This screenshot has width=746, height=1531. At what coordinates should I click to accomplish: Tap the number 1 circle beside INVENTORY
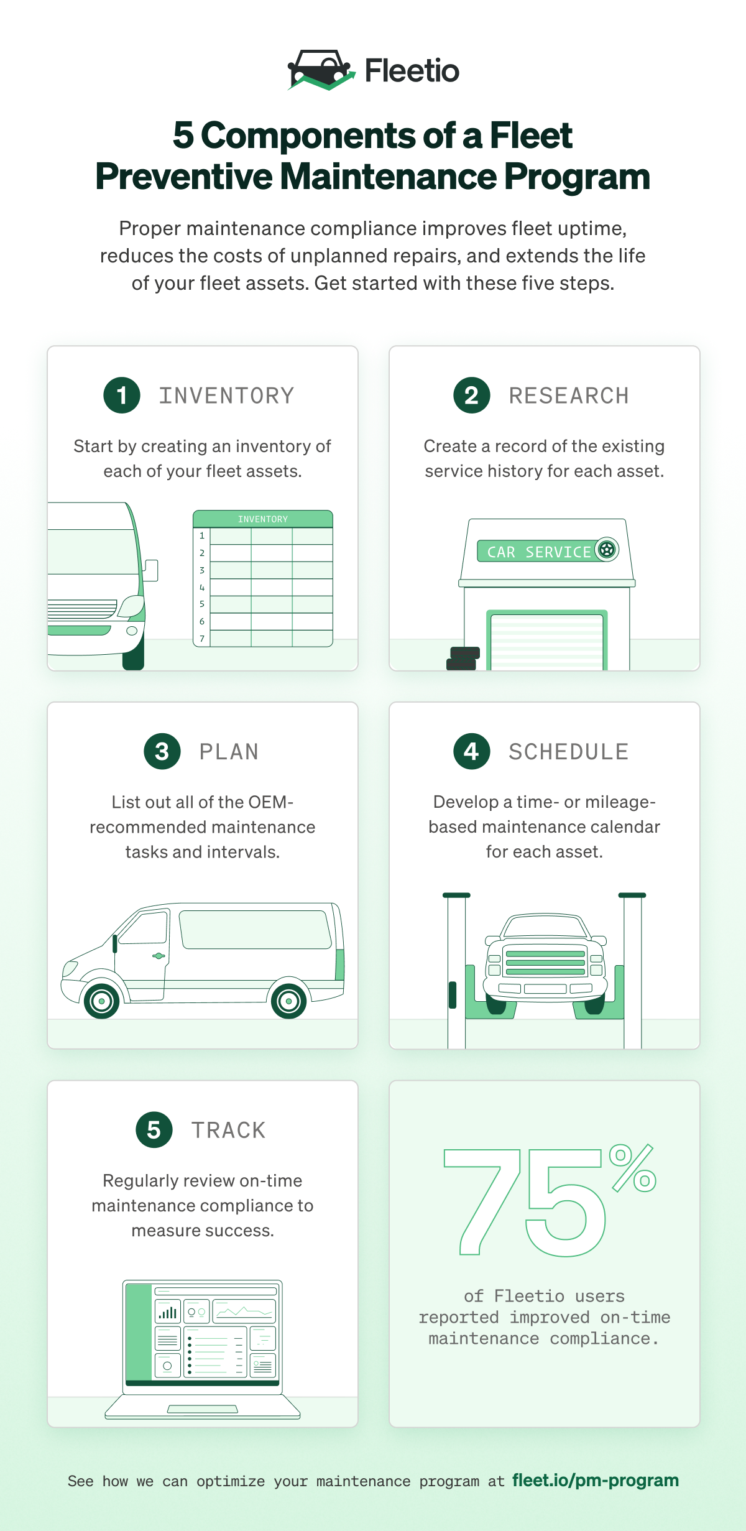(x=122, y=395)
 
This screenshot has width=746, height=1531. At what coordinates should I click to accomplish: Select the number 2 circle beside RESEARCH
(x=472, y=395)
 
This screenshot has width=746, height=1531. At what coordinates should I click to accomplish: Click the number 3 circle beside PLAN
(x=162, y=751)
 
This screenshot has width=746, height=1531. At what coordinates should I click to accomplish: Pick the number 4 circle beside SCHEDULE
(x=472, y=751)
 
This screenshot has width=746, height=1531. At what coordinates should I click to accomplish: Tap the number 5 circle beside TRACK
(x=154, y=1129)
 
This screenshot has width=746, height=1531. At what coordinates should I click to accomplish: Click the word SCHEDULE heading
(x=569, y=752)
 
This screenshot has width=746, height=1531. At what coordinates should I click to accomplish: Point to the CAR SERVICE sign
(x=548, y=551)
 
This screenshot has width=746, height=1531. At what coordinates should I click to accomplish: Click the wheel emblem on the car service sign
(x=607, y=550)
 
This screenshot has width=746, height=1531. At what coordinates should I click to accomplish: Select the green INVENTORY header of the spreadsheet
(x=263, y=519)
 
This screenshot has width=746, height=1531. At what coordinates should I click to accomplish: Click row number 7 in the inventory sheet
(x=202, y=639)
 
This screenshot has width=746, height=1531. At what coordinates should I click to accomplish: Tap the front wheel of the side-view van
(x=101, y=1001)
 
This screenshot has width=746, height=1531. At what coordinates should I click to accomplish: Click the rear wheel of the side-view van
(x=288, y=1001)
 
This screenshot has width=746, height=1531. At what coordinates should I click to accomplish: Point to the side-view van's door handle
(x=159, y=956)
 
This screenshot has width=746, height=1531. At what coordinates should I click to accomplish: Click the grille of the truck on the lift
(x=545, y=963)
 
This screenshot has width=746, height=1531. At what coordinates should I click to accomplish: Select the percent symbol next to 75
(x=633, y=1168)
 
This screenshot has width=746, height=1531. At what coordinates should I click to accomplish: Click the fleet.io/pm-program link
(x=596, y=1480)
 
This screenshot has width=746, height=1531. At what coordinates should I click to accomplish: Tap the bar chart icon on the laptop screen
(x=168, y=1312)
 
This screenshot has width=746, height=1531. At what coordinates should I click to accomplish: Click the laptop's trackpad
(x=203, y=1409)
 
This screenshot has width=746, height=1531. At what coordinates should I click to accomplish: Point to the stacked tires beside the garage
(x=463, y=659)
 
